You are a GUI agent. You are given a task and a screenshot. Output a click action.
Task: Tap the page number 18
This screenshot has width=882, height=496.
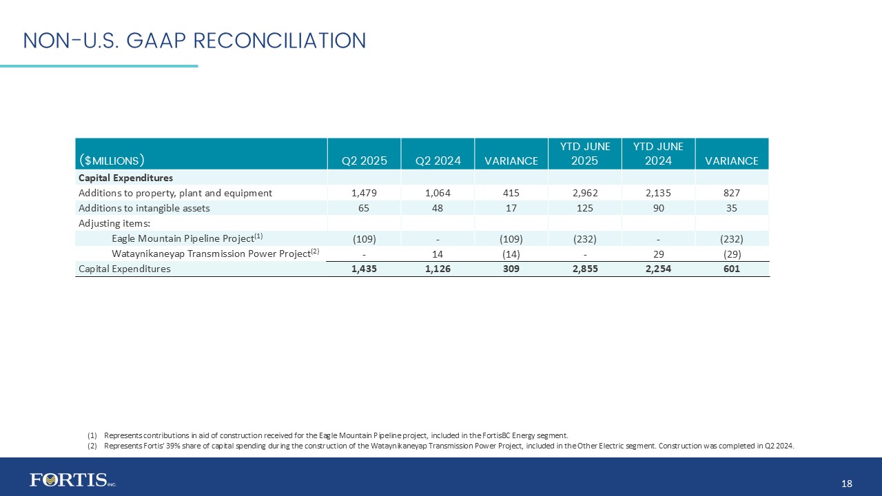click(847, 484)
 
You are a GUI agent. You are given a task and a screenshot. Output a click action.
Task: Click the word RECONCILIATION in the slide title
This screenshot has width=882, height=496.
click(279, 41)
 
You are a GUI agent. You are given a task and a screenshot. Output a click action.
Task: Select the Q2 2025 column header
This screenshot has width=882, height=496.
click(365, 161)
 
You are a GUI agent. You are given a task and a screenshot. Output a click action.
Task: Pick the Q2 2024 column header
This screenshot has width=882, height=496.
click(438, 161)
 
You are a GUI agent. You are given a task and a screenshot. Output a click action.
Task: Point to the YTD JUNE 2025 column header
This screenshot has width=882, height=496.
click(584, 154)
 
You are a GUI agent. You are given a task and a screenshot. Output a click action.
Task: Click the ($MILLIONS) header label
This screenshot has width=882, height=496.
click(112, 161)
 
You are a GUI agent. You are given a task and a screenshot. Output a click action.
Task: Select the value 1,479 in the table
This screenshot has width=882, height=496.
click(365, 193)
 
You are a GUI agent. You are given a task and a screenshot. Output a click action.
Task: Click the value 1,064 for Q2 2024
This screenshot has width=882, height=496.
click(438, 193)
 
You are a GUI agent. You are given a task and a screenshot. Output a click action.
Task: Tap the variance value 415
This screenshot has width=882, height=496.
click(511, 193)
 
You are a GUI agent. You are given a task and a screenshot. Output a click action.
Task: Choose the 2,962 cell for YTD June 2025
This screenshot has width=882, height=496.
click(584, 193)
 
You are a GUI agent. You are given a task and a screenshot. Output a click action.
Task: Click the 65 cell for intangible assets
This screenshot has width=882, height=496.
click(365, 208)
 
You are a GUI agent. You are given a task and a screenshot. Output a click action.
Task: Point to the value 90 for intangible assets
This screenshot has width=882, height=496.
click(658, 208)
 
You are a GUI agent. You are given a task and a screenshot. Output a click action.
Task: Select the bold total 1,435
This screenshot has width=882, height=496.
click(365, 269)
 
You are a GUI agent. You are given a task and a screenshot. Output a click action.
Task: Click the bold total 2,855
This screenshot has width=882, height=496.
click(584, 269)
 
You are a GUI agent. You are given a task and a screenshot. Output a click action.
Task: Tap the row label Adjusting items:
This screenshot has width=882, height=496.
click(114, 223)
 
